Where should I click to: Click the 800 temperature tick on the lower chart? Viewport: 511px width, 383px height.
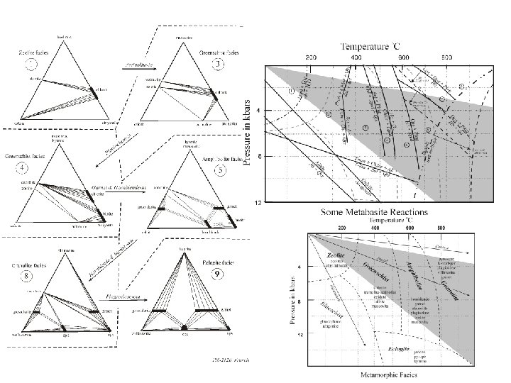tap(442, 229)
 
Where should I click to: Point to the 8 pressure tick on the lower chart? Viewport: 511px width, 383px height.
tap(299, 301)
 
